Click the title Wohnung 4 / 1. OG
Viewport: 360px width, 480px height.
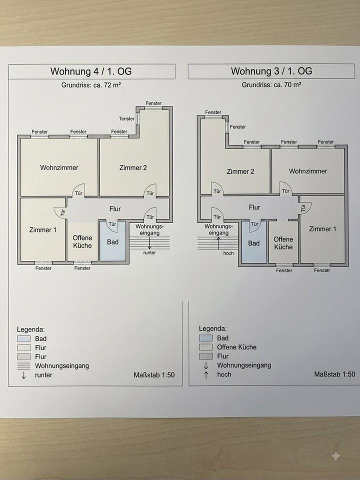tap(91, 71)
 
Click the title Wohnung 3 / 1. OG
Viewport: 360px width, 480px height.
tap(271, 71)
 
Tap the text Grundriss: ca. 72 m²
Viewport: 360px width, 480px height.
tap(91, 85)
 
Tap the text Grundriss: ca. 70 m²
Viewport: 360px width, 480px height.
tap(271, 85)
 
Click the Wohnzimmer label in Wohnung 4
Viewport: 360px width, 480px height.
tap(59, 168)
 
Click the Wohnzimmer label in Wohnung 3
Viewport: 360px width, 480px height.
tap(308, 171)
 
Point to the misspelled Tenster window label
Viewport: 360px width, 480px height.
tap(126, 119)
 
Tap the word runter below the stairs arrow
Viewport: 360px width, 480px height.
tap(149, 253)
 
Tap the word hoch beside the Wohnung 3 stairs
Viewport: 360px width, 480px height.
tap(228, 253)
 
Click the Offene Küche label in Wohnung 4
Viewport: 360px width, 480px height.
tap(82, 242)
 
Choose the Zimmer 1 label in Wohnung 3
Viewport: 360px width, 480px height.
tap(322, 229)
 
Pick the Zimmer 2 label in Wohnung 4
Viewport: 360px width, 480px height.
tap(133, 168)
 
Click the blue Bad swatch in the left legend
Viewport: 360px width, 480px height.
tap(24, 338)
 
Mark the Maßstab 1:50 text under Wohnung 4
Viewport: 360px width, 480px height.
tap(154, 375)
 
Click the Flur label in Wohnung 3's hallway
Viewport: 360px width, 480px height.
tap(254, 207)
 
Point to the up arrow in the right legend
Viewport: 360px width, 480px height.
tap(206, 374)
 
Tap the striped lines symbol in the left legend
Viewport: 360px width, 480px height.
tap(24, 366)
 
